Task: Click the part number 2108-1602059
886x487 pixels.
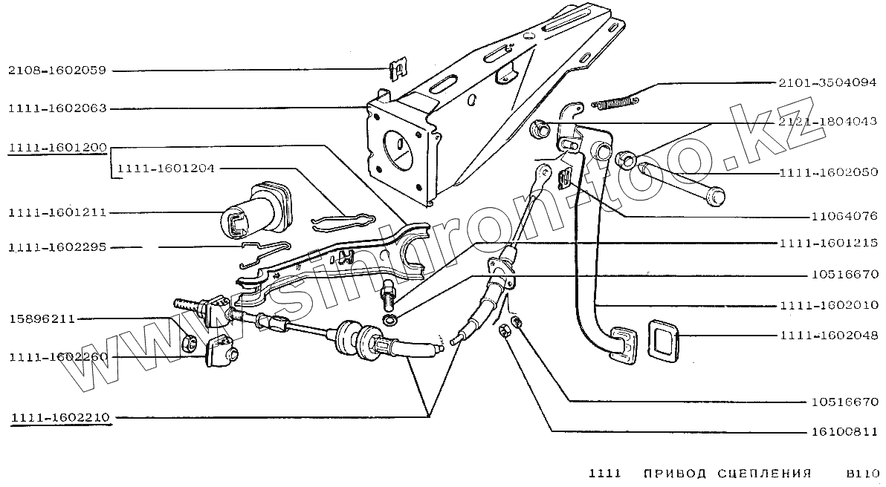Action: click(x=57, y=71)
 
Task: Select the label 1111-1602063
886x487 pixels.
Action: click(x=57, y=108)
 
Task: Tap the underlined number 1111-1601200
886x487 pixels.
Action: click(x=57, y=148)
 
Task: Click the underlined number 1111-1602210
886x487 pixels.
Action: click(x=60, y=417)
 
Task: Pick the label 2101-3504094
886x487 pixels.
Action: click(x=827, y=83)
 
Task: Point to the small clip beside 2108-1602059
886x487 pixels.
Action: click(x=399, y=71)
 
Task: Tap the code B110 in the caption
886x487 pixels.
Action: click(x=862, y=473)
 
